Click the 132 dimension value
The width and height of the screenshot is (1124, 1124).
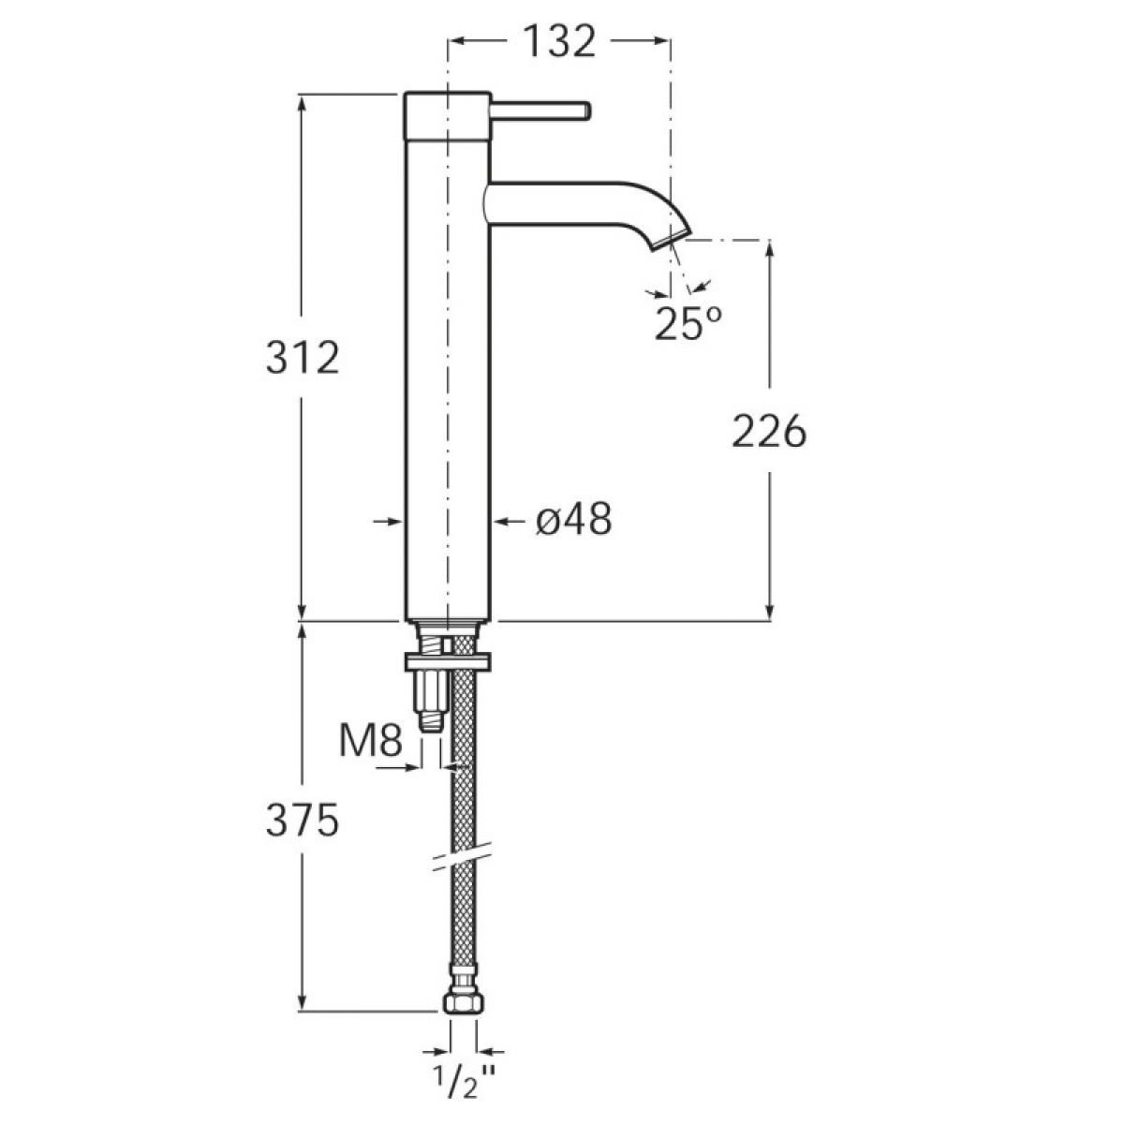(x=560, y=41)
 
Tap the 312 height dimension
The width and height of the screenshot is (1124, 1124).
(x=303, y=358)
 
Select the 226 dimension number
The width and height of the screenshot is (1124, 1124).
(x=769, y=432)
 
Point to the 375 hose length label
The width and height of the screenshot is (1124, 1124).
(x=303, y=821)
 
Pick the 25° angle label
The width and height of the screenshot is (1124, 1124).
(x=688, y=322)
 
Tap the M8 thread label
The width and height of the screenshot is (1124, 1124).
(x=371, y=742)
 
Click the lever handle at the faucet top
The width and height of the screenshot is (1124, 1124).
(x=540, y=111)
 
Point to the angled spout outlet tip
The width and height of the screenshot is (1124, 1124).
(x=671, y=239)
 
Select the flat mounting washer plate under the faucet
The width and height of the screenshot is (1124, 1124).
(x=448, y=662)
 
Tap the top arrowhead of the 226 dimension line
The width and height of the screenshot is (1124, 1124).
(x=770, y=247)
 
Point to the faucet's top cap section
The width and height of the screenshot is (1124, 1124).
(x=448, y=115)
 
